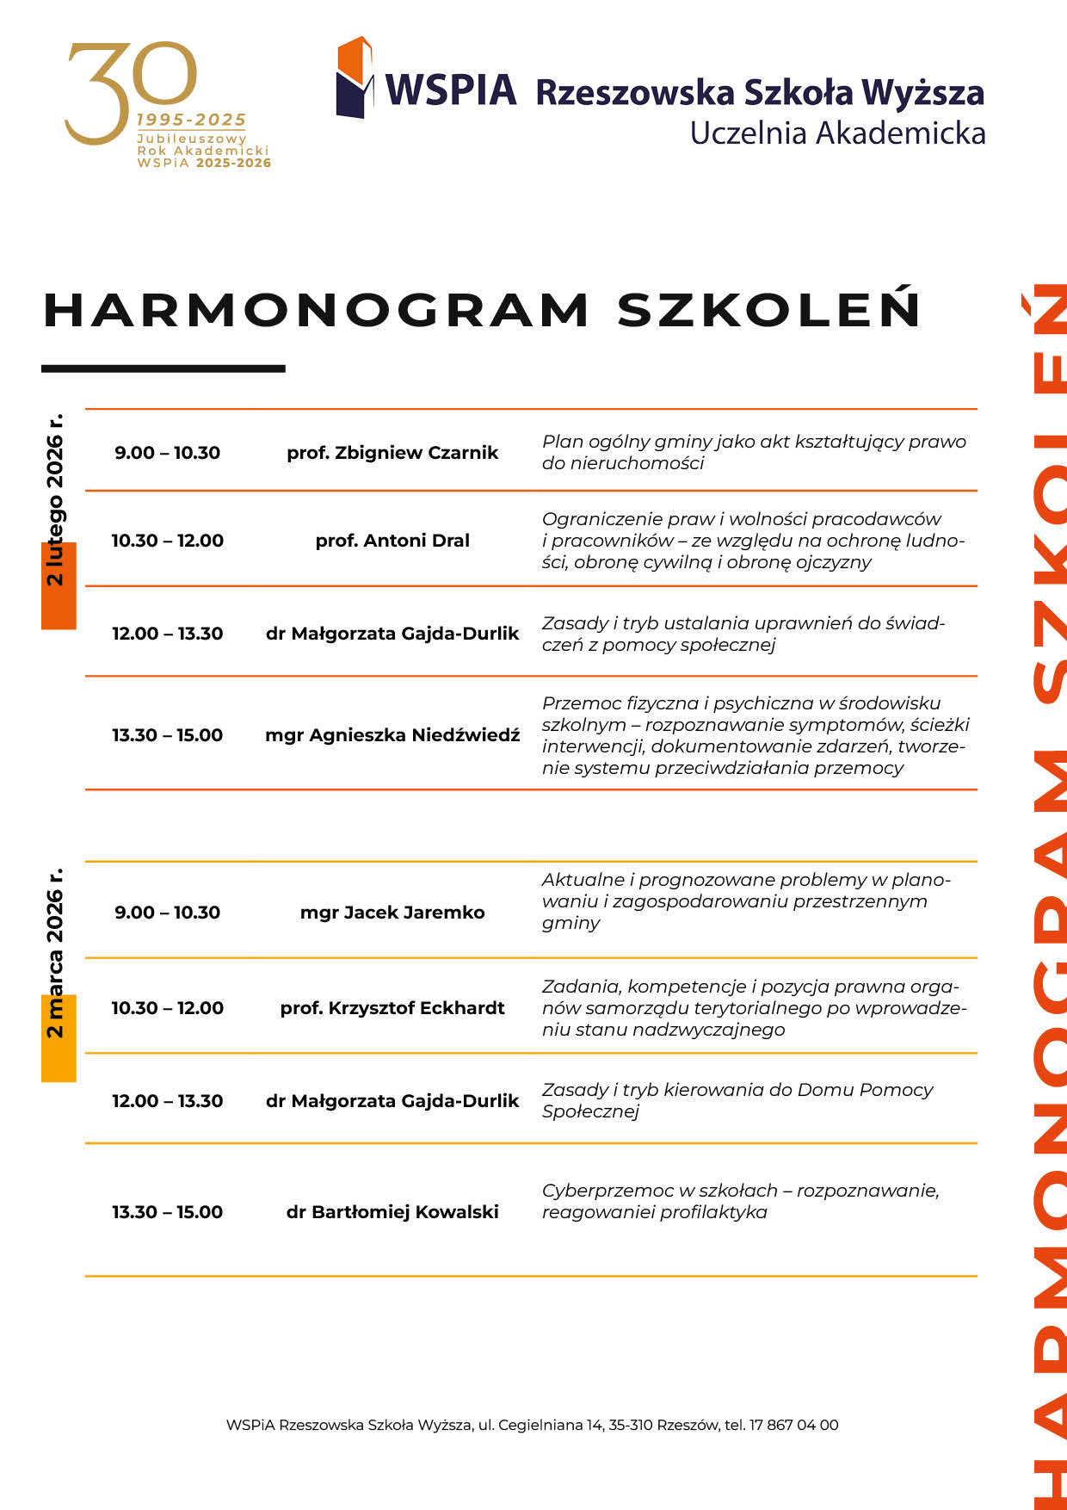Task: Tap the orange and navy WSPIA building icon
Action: coord(355,77)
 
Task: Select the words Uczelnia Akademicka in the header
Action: coord(837,133)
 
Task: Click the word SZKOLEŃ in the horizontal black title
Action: coord(768,310)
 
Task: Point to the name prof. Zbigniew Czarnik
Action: coord(392,453)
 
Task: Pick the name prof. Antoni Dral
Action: coord(392,541)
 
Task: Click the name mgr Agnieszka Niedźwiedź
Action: coord(392,735)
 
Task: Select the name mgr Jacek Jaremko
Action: coord(392,913)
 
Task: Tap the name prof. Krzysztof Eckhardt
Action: coord(392,1008)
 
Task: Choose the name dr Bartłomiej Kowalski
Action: coord(392,1212)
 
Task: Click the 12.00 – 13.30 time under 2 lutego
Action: coord(167,634)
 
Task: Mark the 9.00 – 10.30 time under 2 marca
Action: coord(167,913)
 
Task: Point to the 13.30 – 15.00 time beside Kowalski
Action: coord(167,1212)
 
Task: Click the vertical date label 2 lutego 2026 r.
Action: coord(55,500)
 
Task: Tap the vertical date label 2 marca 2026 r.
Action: coord(55,953)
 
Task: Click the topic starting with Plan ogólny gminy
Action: coord(754,452)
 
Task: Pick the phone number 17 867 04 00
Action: coord(793,1425)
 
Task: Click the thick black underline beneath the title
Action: coord(163,368)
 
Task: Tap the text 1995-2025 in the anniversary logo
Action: coord(191,120)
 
